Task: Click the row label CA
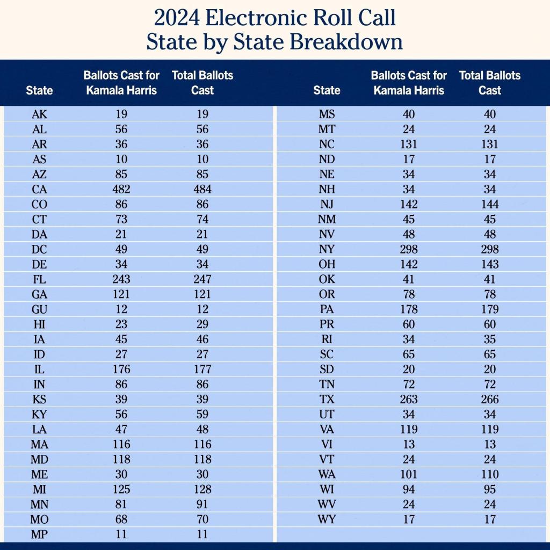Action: click(x=39, y=189)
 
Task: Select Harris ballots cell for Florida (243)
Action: click(x=121, y=279)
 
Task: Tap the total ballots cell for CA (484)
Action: click(x=202, y=189)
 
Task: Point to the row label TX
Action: click(x=327, y=399)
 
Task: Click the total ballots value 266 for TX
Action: click(x=490, y=399)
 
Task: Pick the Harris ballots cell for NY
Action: click(x=409, y=249)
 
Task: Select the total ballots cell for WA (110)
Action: click(x=490, y=474)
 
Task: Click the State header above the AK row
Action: click(x=39, y=90)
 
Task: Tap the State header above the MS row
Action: click(x=327, y=90)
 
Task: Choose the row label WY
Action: click(x=327, y=519)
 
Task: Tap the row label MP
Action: click(x=39, y=534)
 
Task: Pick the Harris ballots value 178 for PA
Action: click(x=409, y=309)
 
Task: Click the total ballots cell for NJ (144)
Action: click(x=490, y=204)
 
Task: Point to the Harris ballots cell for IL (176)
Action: click(x=121, y=369)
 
